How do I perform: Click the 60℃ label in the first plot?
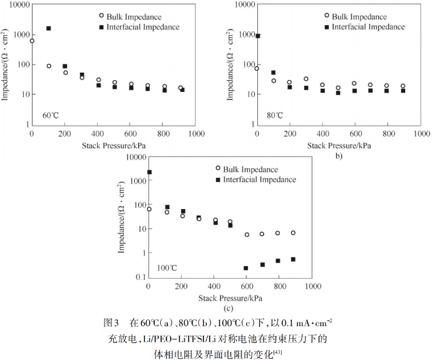[x=51, y=115]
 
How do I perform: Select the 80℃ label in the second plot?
[x=275, y=115]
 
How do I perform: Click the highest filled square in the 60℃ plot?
[x=48, y=29]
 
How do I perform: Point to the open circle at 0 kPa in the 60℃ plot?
[x=32, y=41]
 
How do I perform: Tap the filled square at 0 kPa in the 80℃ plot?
[x=258, y=36]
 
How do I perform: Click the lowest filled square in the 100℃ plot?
[x=246, y=268]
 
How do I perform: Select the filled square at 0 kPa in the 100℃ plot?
[x=149, y=172]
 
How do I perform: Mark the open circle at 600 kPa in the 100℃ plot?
[x=247, y=235]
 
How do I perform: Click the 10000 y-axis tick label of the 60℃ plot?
[x=18, y=4]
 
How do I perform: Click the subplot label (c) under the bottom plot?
[x=228, y=307]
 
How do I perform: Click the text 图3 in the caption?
[x=111, y=323]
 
